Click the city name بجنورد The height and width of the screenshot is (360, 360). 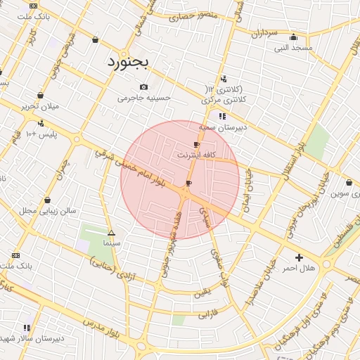pyautogui.click(x=128, y=62)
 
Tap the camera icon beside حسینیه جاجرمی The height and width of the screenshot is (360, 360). pyautogui.click(x=143, y=87)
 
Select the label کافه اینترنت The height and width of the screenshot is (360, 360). pyautogui.click(x=196, y=154)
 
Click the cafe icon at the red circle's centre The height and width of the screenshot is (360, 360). pyautogui.click(x=188, y=184)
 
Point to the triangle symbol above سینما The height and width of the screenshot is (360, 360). pyautogui.click(x=111, y=232)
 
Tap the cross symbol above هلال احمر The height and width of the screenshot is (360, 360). pyautogui.click(x=299, y=258)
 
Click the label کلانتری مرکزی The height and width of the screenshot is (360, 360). pyautogui.click(x=224, y=101)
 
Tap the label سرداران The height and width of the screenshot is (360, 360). pyautogui.click(x=270, y=33)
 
